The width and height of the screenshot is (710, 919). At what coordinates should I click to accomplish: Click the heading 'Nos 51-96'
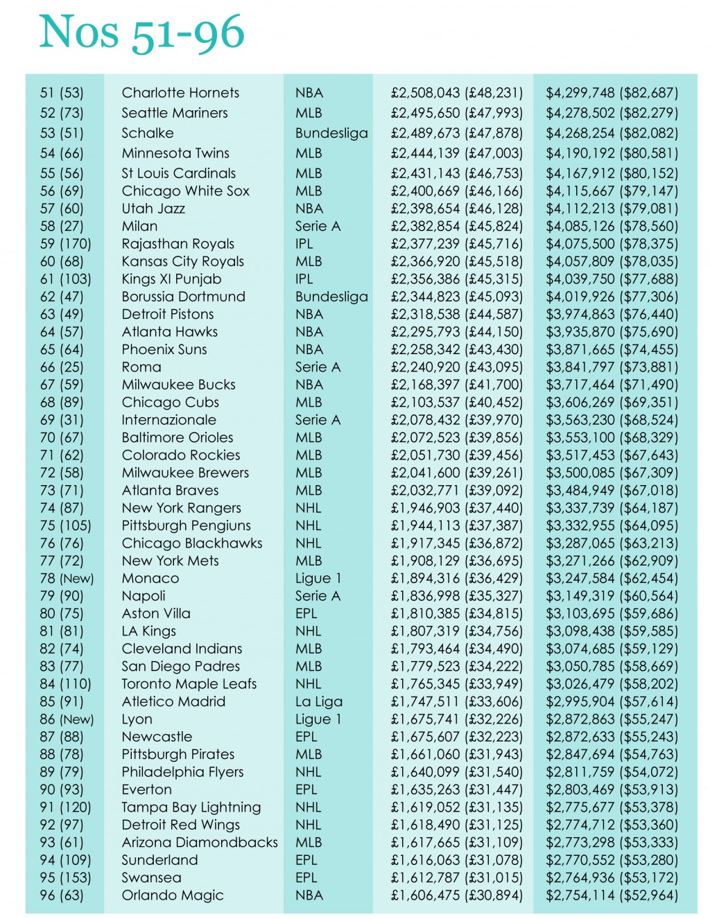[142, 33]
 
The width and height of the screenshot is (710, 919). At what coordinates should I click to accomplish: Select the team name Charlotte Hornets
[180, 93]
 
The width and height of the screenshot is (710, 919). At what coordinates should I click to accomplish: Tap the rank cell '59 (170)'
[65, 244]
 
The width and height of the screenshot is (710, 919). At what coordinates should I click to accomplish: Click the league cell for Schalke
[331, 133]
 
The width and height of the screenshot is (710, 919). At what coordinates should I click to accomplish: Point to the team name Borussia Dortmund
[183, 297]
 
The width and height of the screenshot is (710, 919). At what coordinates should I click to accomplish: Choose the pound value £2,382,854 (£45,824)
[456, 226]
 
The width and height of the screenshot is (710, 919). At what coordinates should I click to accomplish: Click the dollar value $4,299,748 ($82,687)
[612, 93]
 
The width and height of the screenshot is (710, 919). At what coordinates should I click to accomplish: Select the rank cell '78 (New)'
[67, 579]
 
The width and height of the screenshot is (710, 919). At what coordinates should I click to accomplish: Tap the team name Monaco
[150, 579]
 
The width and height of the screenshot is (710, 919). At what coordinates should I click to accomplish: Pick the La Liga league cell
[318, 701]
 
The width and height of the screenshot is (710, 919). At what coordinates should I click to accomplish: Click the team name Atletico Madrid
[173, 701]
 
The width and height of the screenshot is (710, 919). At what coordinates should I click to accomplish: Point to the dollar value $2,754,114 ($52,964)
[612, 895]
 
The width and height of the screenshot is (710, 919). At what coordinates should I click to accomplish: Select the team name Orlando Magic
[173, 895]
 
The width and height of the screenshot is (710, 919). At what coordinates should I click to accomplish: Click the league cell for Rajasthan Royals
[304, 244]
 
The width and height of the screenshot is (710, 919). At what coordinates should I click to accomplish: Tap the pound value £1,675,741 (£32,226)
[456, 719]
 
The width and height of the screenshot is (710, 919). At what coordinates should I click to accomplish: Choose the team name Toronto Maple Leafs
[189, 684]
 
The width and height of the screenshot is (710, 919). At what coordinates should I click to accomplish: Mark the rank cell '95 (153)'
[65, 878]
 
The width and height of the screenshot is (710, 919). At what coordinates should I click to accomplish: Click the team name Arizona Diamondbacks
[200, 843]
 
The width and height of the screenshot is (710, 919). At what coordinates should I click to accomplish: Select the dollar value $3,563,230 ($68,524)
[612, 420]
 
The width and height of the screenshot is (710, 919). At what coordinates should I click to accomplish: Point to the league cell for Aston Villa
[306, 614]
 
